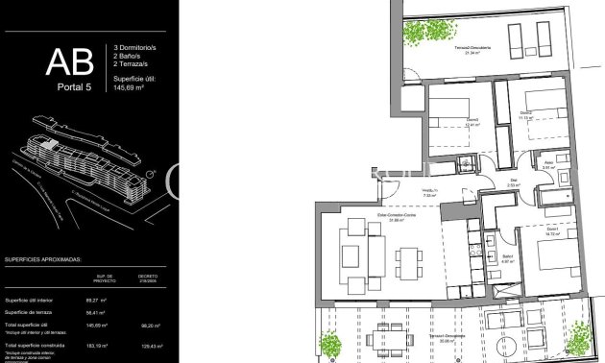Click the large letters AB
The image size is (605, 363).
pyautogui.click(x=70, y=63)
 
